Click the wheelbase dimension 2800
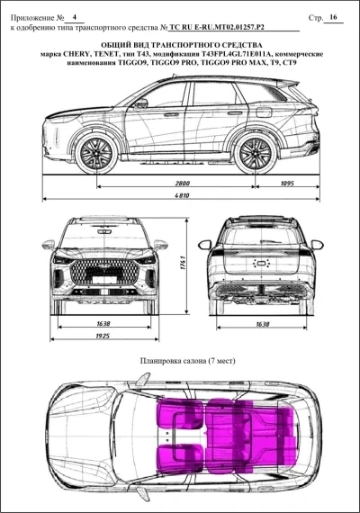click(183, 184)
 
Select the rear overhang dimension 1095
click(287, 184)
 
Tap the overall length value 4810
click(183, 195)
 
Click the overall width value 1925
click(103, 336)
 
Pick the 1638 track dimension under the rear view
click(263, 324)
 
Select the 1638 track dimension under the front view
click(103, 324)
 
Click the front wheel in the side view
click(96, 153)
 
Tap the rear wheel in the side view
click(255, 153)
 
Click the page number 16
click(334, 17)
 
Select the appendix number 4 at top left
click(75, 17)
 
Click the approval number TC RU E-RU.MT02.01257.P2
click(216, 28)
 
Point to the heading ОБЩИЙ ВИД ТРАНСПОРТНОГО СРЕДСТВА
click(182, 45)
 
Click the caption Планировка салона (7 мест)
click(187, 361)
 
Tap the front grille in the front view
click(104, 272)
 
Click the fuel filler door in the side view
click(264, 112)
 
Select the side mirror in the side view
click(140, 103)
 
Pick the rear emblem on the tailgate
click(261, 263)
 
